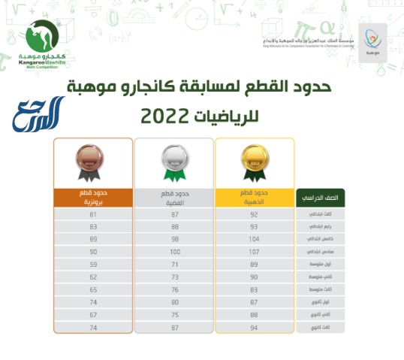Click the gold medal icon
(x=252, y=162)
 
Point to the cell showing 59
(x=93, y=264)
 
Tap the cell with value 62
(x=93, y=277)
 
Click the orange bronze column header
(x=93, y=198)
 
